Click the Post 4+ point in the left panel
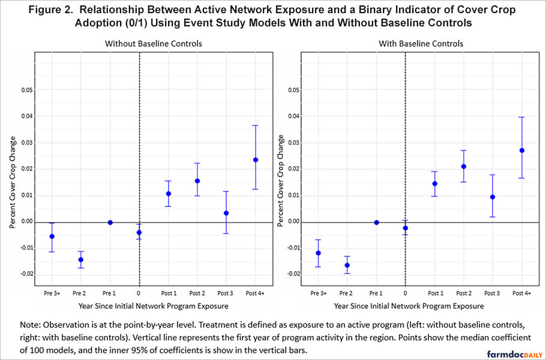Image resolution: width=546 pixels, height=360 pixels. pyautogui.click(x=255, y=160)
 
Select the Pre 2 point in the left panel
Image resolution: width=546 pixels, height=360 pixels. pyautogui.click(x=81, y=260)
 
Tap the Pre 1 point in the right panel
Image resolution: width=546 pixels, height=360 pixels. pyautogui.click(x=376, y=223)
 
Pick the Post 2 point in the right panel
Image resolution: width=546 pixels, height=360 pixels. pyautogui.click(x=463, y=167)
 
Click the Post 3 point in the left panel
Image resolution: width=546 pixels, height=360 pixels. pyautogui.click(x=226, y=213)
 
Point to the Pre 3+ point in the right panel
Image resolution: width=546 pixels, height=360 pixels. pyautogui.click(x=319, y=253)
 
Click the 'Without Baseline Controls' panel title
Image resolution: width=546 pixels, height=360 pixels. pyautogui.click(x=153, y=44)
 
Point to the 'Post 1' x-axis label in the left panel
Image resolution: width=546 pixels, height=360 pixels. pyautogui.click(x=168, y=293)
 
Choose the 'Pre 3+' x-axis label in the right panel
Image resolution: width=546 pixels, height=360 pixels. pyautogui.click(x=319, y=293)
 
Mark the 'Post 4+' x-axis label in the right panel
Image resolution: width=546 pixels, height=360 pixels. pyautogui.click(x=521, y=293)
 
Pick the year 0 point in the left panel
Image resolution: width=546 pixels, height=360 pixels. pyautogui.click(x=139, y=233)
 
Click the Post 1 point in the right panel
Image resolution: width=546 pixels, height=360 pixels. pyautogui.click(x=434, y=184)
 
